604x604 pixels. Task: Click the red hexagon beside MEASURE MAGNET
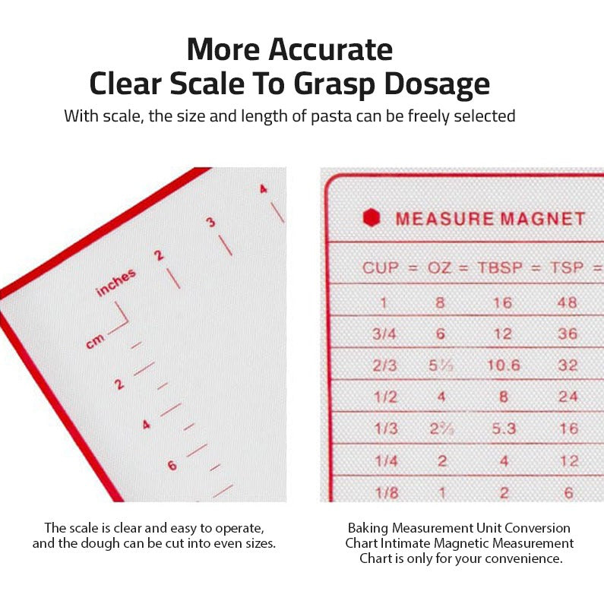(x=371, y=218)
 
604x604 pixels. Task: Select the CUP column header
(x=380, y=267)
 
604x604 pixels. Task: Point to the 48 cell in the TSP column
(x=568, y=302)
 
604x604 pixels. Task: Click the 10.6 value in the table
(x=503, y=365)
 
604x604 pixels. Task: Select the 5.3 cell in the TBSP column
(x=503, y=428)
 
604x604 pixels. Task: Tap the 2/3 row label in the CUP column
(x=386, y=365)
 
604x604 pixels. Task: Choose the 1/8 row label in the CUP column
(x=386, y=492)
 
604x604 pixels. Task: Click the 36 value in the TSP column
(x=568, y=334)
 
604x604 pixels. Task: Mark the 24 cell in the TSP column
(x=568, y=397)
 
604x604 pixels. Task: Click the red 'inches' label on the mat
(x=116, y=282)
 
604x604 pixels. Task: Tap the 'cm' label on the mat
(x=95, y=341)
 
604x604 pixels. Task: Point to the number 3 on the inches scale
(x=210, y=222)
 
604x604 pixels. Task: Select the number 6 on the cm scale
(x=172, y=465)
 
